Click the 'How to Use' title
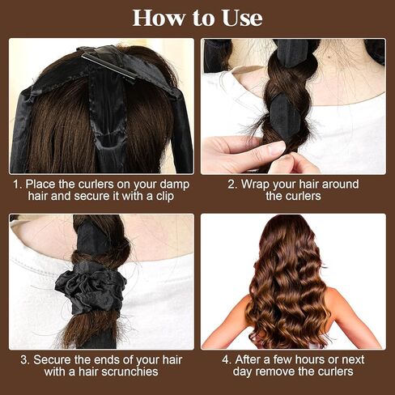(x=197, y=17)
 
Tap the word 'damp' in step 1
(x=175, y=184)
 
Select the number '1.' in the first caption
(x=16, y=184)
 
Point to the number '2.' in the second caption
(x=232, y=184)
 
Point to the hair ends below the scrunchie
(x=91, y=328)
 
